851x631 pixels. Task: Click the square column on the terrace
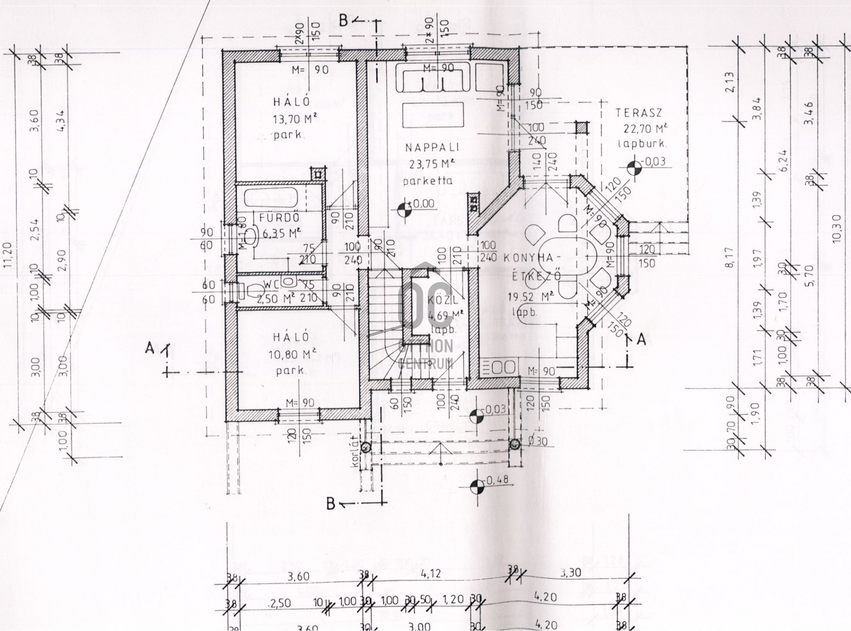pos(582,128)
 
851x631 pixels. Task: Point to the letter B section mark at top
pos(344,21)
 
